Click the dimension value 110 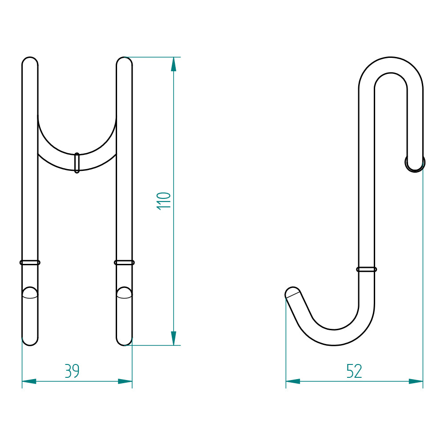click(164, 201)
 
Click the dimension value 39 click(72, 371)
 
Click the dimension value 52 click(354, 371)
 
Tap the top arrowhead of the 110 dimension click(174, 64)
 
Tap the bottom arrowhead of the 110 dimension click(174, 338)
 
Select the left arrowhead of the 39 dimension click(29, 381)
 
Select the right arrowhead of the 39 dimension click(125, 381)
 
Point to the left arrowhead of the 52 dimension click(293, 381)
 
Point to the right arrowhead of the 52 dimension click(416, 381)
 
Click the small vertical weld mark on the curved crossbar click(77, 162)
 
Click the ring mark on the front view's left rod click(30, 263)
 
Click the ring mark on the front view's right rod click(124, 263)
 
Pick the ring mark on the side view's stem click(367, 269)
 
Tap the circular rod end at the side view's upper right click(415, 163)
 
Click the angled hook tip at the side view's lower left click(292, 293)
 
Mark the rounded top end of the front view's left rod click(30, 62)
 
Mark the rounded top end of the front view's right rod click(124, 62)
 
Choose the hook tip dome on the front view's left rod click(30, 292)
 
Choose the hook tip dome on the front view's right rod click(124, 292)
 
